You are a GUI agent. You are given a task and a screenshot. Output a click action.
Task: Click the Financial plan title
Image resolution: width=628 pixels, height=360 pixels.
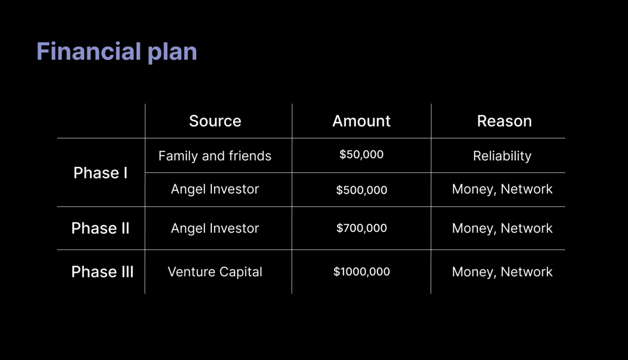[x=117, y=52]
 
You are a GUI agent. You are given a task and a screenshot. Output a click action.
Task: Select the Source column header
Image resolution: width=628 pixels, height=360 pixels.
[x=215, y=121]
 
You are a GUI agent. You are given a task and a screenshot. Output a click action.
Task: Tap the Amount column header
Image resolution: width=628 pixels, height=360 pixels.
[x=362, y=121]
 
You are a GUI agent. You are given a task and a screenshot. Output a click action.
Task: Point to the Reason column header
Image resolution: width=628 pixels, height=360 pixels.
[x=504, y=121]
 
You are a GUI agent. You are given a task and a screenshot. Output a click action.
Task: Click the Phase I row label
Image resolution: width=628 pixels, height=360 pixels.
[x=100, y=173]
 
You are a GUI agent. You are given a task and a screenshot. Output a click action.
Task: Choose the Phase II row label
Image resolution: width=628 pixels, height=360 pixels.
[x=100, y=228]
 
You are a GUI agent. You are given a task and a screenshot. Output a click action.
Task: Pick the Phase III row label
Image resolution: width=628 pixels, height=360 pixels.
[x=103, y=272]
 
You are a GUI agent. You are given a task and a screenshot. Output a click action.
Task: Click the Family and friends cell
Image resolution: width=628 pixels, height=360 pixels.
[x=215, y=156]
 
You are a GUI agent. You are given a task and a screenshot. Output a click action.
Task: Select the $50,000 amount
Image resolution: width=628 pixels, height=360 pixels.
[x=362, y=154]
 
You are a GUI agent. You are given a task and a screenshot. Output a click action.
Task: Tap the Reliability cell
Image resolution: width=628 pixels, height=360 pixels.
[x=502, y=156]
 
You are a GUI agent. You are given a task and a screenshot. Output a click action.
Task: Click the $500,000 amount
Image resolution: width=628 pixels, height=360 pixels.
[x=362, y=190]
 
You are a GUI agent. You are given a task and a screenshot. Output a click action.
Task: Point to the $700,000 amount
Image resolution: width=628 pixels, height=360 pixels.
[x=362, y=228]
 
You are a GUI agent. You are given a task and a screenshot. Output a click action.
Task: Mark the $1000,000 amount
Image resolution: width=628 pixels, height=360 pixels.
[x=362, y=272]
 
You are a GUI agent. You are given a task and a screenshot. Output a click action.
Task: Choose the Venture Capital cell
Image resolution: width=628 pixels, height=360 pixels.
[x=215, y=272]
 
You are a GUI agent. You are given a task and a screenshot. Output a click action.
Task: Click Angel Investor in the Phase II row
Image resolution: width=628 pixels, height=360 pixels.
[x=215, y=228]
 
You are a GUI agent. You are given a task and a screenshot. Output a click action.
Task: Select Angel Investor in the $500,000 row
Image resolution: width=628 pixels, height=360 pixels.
[x=215, y=189]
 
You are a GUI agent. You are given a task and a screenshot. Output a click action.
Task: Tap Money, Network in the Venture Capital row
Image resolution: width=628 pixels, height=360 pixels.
[x=502, y=272]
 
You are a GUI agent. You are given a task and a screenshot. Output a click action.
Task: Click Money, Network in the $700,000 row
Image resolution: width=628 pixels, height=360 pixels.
[x=502, y=229]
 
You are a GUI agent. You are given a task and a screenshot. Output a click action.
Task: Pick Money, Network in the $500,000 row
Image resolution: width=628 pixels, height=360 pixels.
[x=502, y=189]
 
